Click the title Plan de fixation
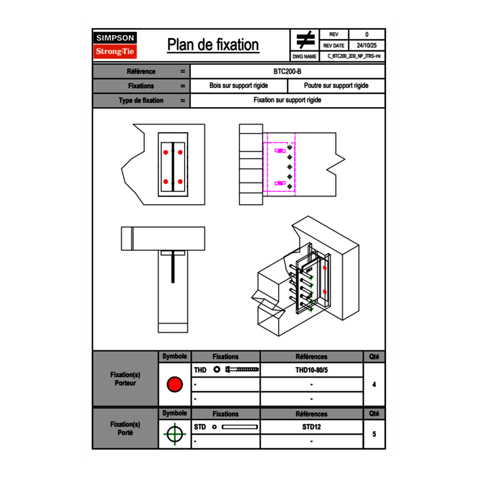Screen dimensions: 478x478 213,45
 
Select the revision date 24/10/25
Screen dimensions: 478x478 367,46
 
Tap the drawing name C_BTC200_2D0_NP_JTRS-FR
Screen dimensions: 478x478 354,56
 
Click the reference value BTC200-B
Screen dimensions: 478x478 287,71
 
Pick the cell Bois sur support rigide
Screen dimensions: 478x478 238,86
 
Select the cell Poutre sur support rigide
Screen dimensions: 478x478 336,86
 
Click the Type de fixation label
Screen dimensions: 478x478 141,100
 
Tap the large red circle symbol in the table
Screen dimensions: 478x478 174,385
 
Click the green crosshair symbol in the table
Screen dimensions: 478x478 174,434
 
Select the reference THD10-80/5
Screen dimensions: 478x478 311,370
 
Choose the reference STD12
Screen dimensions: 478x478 311,427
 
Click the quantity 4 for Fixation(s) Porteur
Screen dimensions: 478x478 374,385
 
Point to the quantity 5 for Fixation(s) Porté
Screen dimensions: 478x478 374,434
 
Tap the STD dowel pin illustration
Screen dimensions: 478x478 240,427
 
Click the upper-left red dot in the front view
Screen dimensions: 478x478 166,153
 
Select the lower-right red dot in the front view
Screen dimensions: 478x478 180,181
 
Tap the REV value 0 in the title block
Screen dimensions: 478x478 367,35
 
